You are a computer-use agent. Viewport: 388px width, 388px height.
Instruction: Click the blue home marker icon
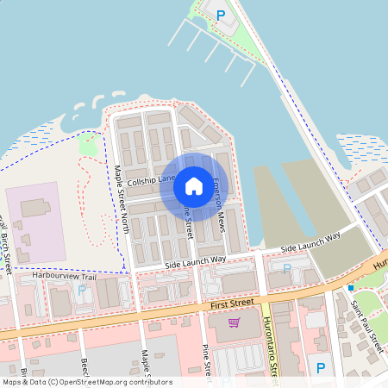pyautogui.click(x=194, y=185)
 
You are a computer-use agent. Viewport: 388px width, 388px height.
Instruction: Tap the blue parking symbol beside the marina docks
pyautogui.click(x=221, y=15)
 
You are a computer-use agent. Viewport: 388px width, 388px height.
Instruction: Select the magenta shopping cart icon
pyautogui.click(x=234, y=322)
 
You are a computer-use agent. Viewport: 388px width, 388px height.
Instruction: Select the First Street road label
pyautogui.click(x=232, y=304)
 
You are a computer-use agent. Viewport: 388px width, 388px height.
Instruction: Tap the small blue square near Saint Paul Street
pyautogui.click(x=350, y=287)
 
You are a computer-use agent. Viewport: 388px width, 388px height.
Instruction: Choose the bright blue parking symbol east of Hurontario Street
pyautogui.click(x=321, y=368)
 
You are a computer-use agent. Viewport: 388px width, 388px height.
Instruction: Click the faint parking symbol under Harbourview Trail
pyautogui.click(x=82, y=290)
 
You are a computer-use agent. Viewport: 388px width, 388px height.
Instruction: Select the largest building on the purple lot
pyautogui.click(x=35, y=208)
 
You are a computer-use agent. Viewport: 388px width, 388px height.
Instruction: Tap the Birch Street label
pyautogui.click(x=6, y=237)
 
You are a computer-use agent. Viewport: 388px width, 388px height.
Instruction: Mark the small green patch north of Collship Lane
pyautogui.click(x=89, y=144)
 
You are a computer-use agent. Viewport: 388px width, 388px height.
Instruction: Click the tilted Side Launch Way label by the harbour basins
pyautogui.click(x=310, y=240)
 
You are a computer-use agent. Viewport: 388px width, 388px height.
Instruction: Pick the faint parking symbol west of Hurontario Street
pyautogui.click(x=287, y=268)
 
